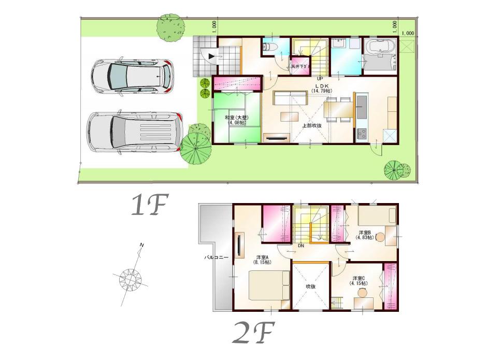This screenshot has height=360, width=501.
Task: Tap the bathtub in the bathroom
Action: pyautogui.click(x=380, y=48)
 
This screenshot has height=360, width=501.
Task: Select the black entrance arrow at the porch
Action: pyautogui.click(x=211, y=55)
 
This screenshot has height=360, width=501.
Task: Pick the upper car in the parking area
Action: pyautogui.click(x=132, y=77)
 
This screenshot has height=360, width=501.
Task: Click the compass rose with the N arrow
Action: pyautogui.click(x=131, y=278)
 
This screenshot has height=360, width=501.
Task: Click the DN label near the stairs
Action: pyautogui.click(x=300, y=246)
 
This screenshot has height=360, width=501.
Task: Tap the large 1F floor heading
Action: pyautogui.click(x=147, y=206)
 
